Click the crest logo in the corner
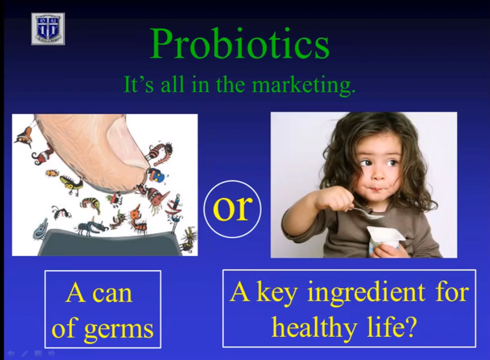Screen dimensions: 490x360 coord(48,29)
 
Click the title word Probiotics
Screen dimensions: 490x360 coord(240,44)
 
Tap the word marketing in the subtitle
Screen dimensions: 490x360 coord(304,85)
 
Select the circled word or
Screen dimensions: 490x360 coord(232,209)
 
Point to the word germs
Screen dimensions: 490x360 coord(119,330)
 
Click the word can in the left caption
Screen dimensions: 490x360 coord(113,294)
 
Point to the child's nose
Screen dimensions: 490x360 coord(379,174)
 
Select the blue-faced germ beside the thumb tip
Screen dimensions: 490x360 coord(156,176)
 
